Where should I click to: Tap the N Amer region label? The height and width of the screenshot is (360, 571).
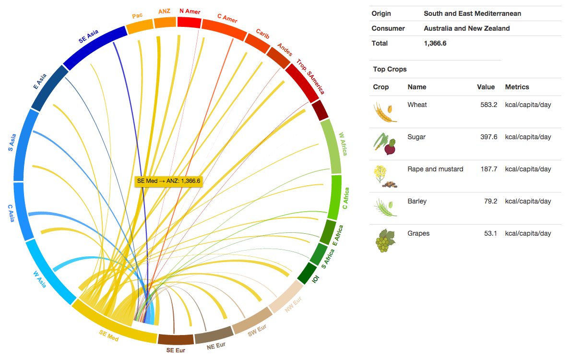(x=190, y=11)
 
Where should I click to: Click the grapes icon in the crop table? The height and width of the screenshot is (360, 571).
(x=383, y=240)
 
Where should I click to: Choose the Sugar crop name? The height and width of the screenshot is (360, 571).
(x=416, y=137)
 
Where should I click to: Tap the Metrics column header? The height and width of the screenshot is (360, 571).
(x=517, y=87)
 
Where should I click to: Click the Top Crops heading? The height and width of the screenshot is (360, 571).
(x=390, y=69)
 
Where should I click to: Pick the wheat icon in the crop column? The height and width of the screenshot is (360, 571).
(x=385, y=112)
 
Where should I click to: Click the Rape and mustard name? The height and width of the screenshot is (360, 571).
(x=435, y=169)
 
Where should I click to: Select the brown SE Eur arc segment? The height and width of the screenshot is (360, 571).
(x=175, y=339)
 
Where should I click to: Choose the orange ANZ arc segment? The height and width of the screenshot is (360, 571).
(x=165, y=23)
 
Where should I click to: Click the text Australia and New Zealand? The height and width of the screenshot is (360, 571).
(x=466, y=28)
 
